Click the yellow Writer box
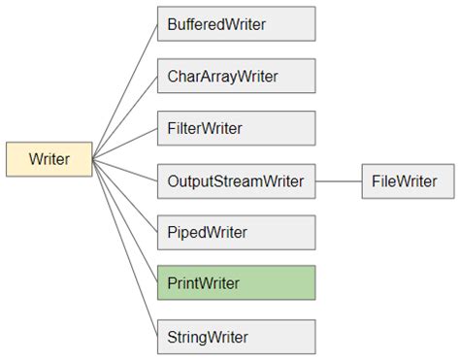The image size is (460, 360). tap(49, 159)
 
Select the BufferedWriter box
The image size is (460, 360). tap(236, 22)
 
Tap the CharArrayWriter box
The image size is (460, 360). tap(236, 75)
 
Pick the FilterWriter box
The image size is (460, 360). tap(236, 127)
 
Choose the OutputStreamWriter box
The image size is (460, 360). tap(236, 180)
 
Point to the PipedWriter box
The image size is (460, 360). tap(236, 233)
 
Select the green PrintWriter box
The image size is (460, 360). tap(236, 284)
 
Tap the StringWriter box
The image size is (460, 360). tap(236, 337)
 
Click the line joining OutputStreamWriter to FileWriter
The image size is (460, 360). tap(339, 180)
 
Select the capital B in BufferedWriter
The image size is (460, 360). tap(173, 22)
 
